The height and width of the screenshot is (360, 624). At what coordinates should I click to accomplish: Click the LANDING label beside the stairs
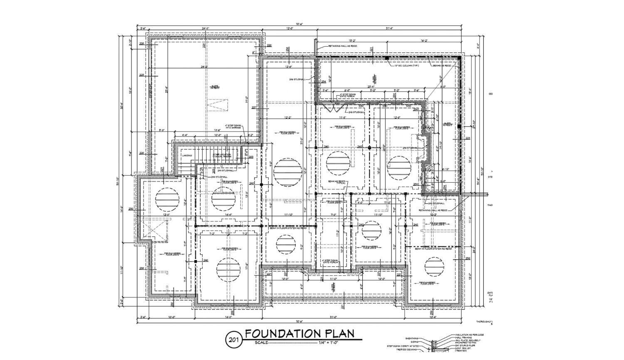coord(187,156)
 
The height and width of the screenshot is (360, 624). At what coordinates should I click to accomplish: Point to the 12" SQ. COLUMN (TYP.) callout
coord(406,65)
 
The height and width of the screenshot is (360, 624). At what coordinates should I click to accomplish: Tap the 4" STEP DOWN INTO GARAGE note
coord(233,126)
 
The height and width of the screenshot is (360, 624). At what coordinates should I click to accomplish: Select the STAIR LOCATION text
coord(222,154)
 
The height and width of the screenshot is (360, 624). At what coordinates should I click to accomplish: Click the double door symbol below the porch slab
coord(336,109)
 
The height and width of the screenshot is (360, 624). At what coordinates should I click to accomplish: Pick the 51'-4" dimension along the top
coord(389,28)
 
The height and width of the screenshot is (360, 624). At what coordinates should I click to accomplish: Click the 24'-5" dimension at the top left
coord(206,28)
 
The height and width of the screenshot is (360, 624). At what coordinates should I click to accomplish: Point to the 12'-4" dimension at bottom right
coord(433,317)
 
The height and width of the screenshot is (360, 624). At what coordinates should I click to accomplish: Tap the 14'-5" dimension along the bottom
coord(228,317)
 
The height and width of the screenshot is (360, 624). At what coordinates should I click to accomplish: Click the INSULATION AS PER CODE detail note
coord(469,335)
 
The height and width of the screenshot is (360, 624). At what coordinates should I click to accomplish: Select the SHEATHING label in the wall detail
coord(412,338)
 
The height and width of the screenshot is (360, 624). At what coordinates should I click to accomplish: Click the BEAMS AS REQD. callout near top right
coord(442,65)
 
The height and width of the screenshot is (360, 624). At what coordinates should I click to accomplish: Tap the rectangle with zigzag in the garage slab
coord(218,104)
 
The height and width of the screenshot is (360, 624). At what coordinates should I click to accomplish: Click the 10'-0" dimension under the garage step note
coord(218,135)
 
